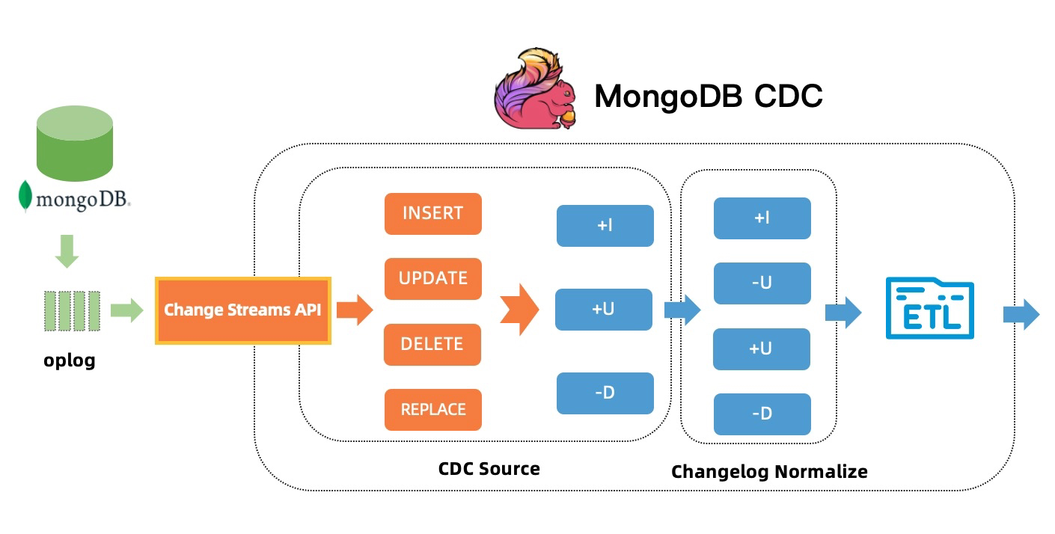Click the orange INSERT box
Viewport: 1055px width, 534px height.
tap(432, 213)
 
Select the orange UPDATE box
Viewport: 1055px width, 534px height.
tap(432, 278)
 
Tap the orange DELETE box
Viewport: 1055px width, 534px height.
tap(432, 344)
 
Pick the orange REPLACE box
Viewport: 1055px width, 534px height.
tap(432, 409)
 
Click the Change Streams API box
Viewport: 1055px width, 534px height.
tap(243, 310)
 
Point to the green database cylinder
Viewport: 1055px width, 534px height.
tap(74, 143)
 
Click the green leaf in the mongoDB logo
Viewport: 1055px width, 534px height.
tap(25, 196)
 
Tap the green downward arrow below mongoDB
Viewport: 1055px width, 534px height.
tap(67, 251)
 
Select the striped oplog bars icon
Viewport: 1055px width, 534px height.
tap(72, 311)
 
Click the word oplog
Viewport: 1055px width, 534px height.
tap(70, 360)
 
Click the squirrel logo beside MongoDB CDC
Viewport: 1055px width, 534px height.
tap(535, 88)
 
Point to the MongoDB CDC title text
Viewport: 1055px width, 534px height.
tap(709, 96)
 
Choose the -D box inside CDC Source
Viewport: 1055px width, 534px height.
tap(605, 393)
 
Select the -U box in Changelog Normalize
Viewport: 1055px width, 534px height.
tap(762, 283)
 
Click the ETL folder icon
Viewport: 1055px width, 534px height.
tap(930, 308)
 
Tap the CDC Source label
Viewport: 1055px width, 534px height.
tap(489, 468)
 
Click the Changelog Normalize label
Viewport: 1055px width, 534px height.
tap(769, 472)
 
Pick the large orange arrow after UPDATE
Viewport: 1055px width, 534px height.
tap(519, 310)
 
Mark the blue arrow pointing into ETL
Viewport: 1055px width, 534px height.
tap(843, 312)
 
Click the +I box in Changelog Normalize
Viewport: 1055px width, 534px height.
tap(762, 218)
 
